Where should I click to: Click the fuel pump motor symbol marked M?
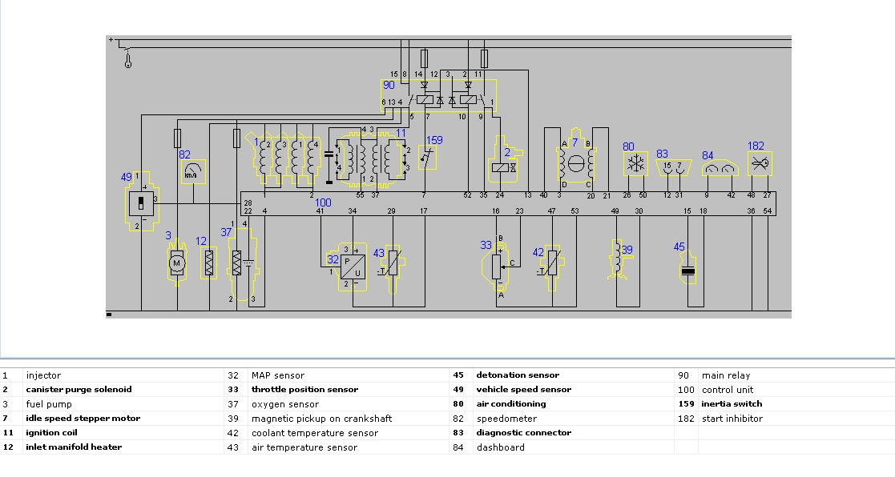177,263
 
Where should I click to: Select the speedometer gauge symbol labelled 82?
193,171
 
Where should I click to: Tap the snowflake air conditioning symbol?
636,164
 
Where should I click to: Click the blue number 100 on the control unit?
323,202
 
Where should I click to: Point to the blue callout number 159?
434,139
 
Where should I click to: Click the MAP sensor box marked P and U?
353,267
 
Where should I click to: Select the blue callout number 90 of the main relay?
389,85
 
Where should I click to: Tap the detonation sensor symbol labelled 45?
688,271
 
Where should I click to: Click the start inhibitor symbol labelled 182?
760,164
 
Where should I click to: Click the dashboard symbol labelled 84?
720,168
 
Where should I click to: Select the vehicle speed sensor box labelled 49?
141,203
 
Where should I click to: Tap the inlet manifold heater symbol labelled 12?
209,263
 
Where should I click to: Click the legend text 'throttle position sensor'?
304,390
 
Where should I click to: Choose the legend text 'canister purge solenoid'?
79,390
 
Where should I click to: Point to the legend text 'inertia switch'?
732,404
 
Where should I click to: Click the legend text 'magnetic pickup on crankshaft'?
322,419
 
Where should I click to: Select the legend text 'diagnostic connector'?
524,432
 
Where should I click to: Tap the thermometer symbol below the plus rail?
128,58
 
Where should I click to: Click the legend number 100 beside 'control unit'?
686,390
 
